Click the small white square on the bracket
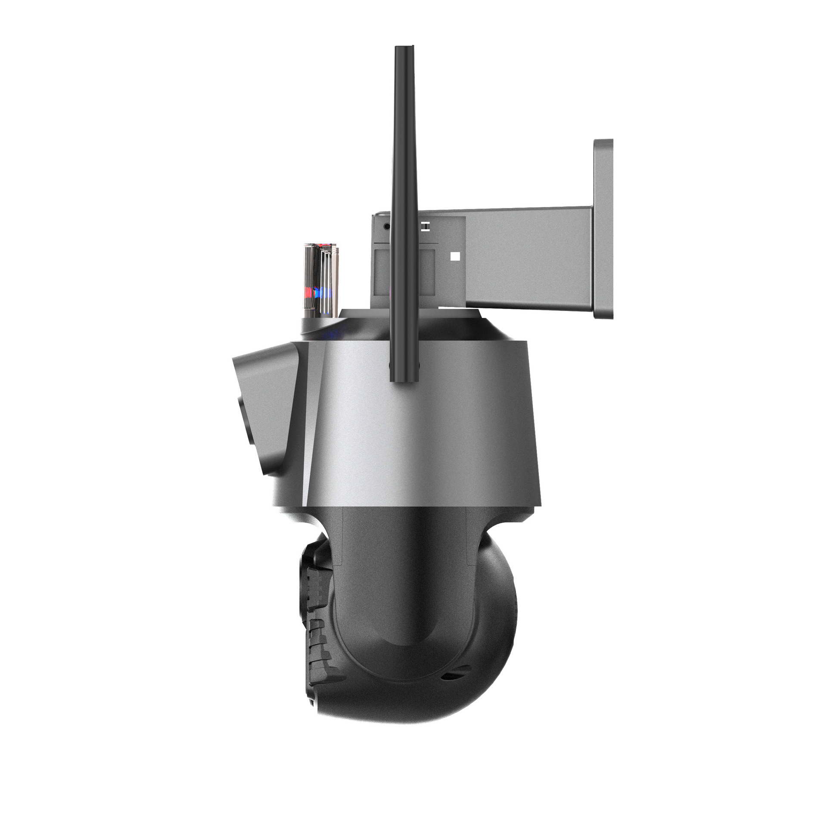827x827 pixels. coord(455,257)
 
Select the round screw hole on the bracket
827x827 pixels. coord(386,226)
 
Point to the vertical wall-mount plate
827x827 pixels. coord(603,228)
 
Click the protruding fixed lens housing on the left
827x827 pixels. coord(263,405)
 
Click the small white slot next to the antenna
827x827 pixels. coord(425,226)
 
